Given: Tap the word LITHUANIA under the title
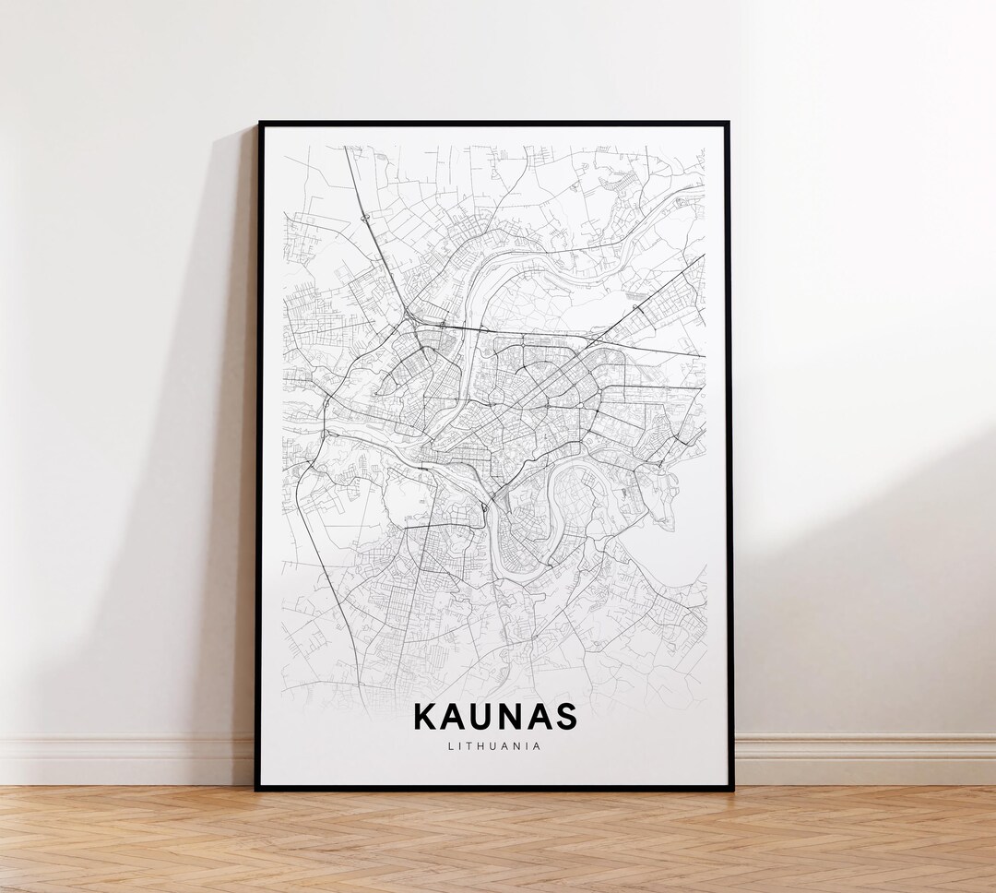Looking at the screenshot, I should pos(495,746).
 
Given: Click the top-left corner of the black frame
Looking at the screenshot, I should pos(259,124).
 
